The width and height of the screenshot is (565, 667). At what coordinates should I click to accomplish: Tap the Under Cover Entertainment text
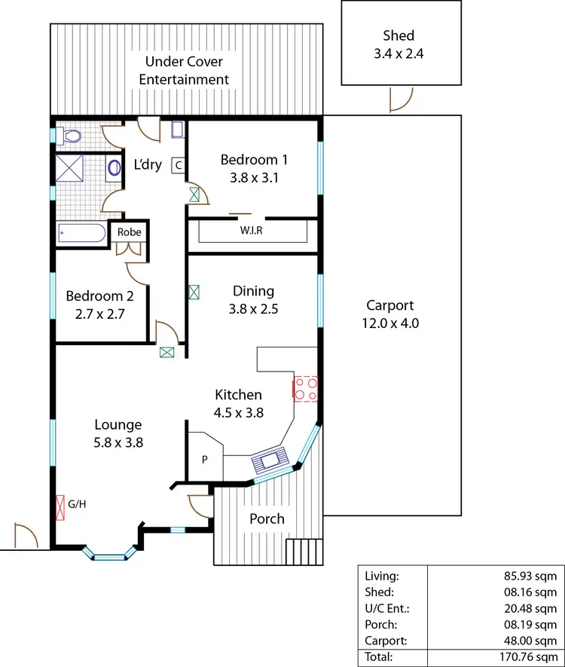coord(185,70)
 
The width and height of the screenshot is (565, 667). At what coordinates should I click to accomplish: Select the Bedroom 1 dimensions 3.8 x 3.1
coord(254,179)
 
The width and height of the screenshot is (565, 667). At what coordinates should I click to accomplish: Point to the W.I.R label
coord(252,230)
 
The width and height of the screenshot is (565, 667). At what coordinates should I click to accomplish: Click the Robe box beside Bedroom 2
coord(129,232)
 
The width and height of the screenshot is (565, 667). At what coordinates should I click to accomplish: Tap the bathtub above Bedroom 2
coord(81,233)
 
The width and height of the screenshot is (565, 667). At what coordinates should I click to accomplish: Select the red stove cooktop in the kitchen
coord(305,388)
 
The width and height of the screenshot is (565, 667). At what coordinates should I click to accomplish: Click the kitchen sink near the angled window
coord(270,458)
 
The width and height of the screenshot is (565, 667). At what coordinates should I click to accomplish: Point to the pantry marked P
coord(204,459)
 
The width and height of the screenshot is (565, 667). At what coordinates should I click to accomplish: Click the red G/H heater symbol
coord(60,508)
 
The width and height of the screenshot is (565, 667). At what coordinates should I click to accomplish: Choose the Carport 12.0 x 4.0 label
coord(390,314)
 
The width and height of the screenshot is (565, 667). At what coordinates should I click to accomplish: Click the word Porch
coord(267,519)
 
